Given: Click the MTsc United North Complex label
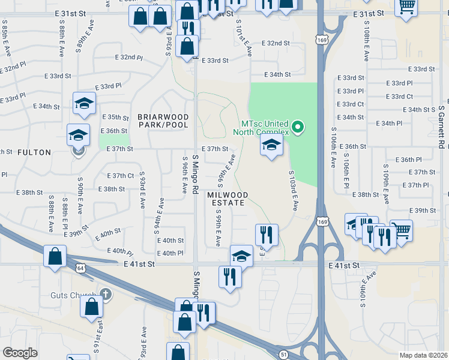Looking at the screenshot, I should [261, 127].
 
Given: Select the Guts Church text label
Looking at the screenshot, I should [75, 294].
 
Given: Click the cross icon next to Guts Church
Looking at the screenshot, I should [106, 294].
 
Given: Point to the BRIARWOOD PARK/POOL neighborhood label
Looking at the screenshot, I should [163, 121].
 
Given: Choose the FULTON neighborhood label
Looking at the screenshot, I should [34, 152].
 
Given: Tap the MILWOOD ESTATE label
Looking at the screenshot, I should [226, 199].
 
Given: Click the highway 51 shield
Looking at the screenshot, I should [283, 354].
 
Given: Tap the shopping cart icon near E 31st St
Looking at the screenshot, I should [407, 7].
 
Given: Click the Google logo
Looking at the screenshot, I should [20, 353].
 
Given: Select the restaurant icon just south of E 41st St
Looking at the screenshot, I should [229, 276].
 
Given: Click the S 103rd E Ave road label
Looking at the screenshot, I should [294, 190].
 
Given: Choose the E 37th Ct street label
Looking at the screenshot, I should [120, 176].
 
